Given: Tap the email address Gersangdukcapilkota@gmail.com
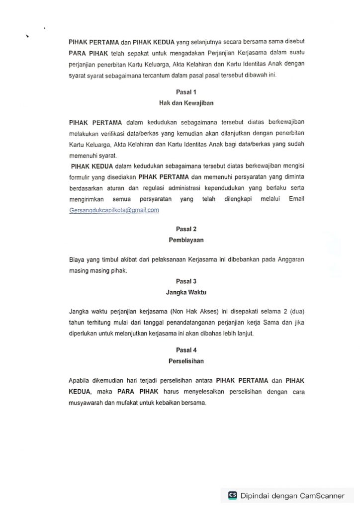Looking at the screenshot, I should click(x=114, y=210).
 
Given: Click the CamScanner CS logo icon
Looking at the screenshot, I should click(x=232, y=495).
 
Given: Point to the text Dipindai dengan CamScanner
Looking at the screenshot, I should click(x=292, y=496).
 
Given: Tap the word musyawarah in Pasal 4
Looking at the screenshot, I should click(x=87, y=402).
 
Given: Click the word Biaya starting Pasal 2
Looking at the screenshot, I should click(x=77, y=260).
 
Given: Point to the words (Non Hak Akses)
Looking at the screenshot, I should click(x=195, y=312).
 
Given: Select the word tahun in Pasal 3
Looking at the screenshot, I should click(x=78, y=323).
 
